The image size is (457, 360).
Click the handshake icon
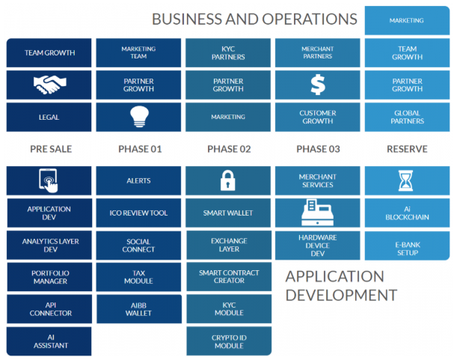pos(50,85)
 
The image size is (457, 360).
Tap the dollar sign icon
pos(318,85)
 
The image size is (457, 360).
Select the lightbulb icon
pos(139,117)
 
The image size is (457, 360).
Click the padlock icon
pos(228,180)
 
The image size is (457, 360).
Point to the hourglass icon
pos(405,180)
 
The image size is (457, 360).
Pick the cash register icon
pos(317,213)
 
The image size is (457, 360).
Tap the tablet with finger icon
pos(49,180)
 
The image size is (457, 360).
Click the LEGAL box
pos(49,117)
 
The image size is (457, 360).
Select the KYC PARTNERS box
pos(228,53)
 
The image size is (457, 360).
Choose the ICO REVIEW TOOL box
pos(138,213)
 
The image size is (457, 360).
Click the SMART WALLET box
pos(228,213)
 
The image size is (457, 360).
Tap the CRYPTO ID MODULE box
pos(229,341)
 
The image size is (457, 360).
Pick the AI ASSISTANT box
pos(49,341)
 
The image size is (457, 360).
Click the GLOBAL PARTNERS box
pos(407,117)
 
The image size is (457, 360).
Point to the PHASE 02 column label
pos(229,149)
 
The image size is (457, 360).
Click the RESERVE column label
pos(407,149)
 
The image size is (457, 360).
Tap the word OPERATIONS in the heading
pos(310,19)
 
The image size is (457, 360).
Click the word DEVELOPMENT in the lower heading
pos(341,295)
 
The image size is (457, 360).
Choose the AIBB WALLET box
pos(139,309)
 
